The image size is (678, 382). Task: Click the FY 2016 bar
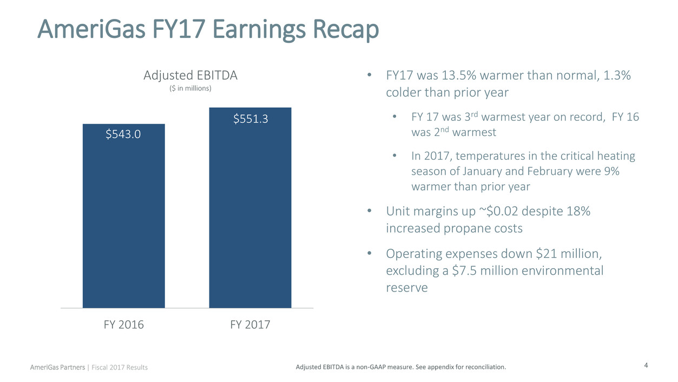point(123,217)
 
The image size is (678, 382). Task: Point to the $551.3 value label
point(251,118)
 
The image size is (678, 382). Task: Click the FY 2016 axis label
point(123,325)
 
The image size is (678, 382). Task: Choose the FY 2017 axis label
point(250,325)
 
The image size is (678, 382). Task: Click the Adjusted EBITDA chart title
point(190,76)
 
